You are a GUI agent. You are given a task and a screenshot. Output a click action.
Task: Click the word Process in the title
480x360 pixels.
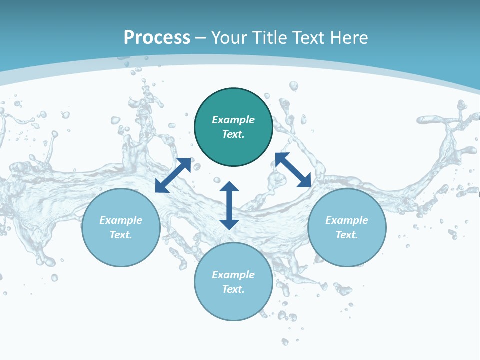coord(157,38)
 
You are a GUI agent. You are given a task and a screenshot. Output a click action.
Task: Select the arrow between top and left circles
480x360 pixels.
coord(173,175)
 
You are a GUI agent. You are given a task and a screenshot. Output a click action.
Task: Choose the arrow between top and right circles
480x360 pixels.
coord(293,170)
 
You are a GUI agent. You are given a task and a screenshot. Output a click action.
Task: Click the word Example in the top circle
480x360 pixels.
coord(233,120)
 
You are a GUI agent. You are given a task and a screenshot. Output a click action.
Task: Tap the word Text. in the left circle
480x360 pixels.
coord(121,235)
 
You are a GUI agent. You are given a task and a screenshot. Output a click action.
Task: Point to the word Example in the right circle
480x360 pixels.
coord(347,220)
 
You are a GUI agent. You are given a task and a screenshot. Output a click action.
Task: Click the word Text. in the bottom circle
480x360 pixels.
coord(233,289)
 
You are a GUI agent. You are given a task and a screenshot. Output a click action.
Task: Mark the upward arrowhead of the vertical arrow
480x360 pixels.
coord(229,186)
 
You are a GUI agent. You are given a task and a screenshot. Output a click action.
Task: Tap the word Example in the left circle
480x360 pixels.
coord(121,220)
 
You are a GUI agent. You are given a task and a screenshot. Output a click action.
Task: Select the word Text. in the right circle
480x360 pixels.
coord(347,235)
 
